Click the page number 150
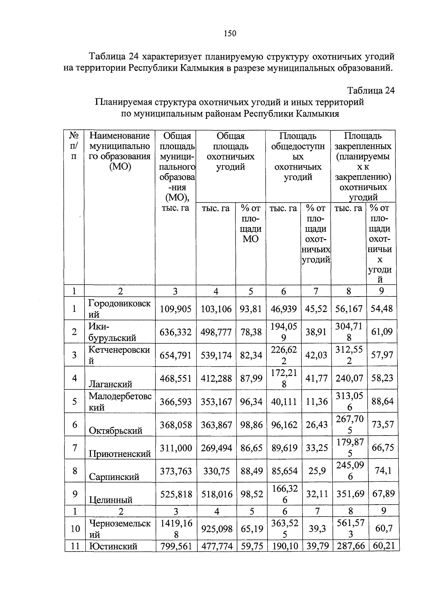click(x=229, y=33)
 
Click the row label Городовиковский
click(x=119, y=309)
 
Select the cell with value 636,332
click(x=176, y=332)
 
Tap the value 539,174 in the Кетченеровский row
click(x=216, y=355)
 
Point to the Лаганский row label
click(x=110, y=384)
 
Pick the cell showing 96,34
click(x=251, y=402)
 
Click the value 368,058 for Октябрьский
click(x=176, y=425)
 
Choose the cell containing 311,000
click(x=176, y=448)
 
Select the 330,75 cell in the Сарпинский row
click(x=216, y=471)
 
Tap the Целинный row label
click(x=110, y=500)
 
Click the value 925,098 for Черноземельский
click(x=216, y=529)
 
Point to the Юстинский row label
click(x=113, y=547)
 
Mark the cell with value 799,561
click(x=176, y=547)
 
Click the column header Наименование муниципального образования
click(x=119, y=151)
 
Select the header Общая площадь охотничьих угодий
click(x=231, y=151)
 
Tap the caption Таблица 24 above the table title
click(x=371, y=91)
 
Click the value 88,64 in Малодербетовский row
click(x=382, y=402)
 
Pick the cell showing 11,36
click(x=316, y=402)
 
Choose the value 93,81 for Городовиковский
click(x=251, y=309)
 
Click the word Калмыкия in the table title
click(x=317, y=114)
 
